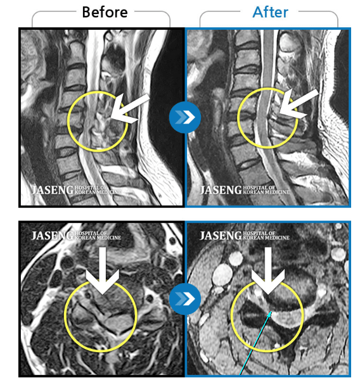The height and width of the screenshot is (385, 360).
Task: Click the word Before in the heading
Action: click(x=105, y=12)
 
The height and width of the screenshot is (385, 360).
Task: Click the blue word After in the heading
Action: click(x=270, y=12)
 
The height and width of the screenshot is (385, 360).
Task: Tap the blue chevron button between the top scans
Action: click(x=185, y=117)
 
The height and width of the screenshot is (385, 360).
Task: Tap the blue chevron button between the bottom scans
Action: click(x=185, y=299)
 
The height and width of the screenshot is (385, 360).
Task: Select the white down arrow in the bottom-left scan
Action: click(x=102, y=270)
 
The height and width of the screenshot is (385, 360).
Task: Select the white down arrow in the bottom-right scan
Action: click(x=268, y=270)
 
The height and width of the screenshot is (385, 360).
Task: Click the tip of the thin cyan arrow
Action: click(x=272, y=312)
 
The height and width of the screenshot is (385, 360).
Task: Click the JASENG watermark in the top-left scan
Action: click(x=52, y=190)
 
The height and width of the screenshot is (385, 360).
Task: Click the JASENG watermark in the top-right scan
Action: click(x=221, y=190)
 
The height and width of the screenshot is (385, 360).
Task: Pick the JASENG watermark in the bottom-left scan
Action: click(x=52, y=236)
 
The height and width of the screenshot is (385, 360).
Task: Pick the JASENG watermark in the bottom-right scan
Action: click(x=221, y=236)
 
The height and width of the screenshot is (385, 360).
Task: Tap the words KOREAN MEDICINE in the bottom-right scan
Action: click(x=266, y=237)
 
